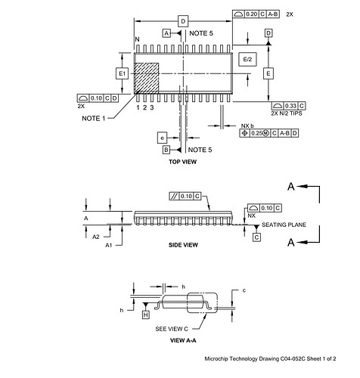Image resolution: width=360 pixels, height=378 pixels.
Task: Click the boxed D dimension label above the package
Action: [183, 21]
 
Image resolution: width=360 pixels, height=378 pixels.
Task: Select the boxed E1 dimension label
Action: [122, 73]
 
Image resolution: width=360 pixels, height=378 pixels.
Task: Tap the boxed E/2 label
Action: [247, 59]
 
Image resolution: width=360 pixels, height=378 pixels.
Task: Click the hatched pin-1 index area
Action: [146, 78]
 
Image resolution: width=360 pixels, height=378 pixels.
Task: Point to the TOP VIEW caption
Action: [183, 162]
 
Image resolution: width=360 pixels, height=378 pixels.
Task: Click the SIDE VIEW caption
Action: [183, 245]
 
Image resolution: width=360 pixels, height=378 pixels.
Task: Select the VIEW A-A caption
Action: [183, 340]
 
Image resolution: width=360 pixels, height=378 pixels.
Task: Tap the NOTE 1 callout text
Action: [94, 118]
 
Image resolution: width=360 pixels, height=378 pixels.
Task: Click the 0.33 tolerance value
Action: [290, 106]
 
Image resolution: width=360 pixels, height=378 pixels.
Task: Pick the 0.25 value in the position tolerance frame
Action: [256, 133]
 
